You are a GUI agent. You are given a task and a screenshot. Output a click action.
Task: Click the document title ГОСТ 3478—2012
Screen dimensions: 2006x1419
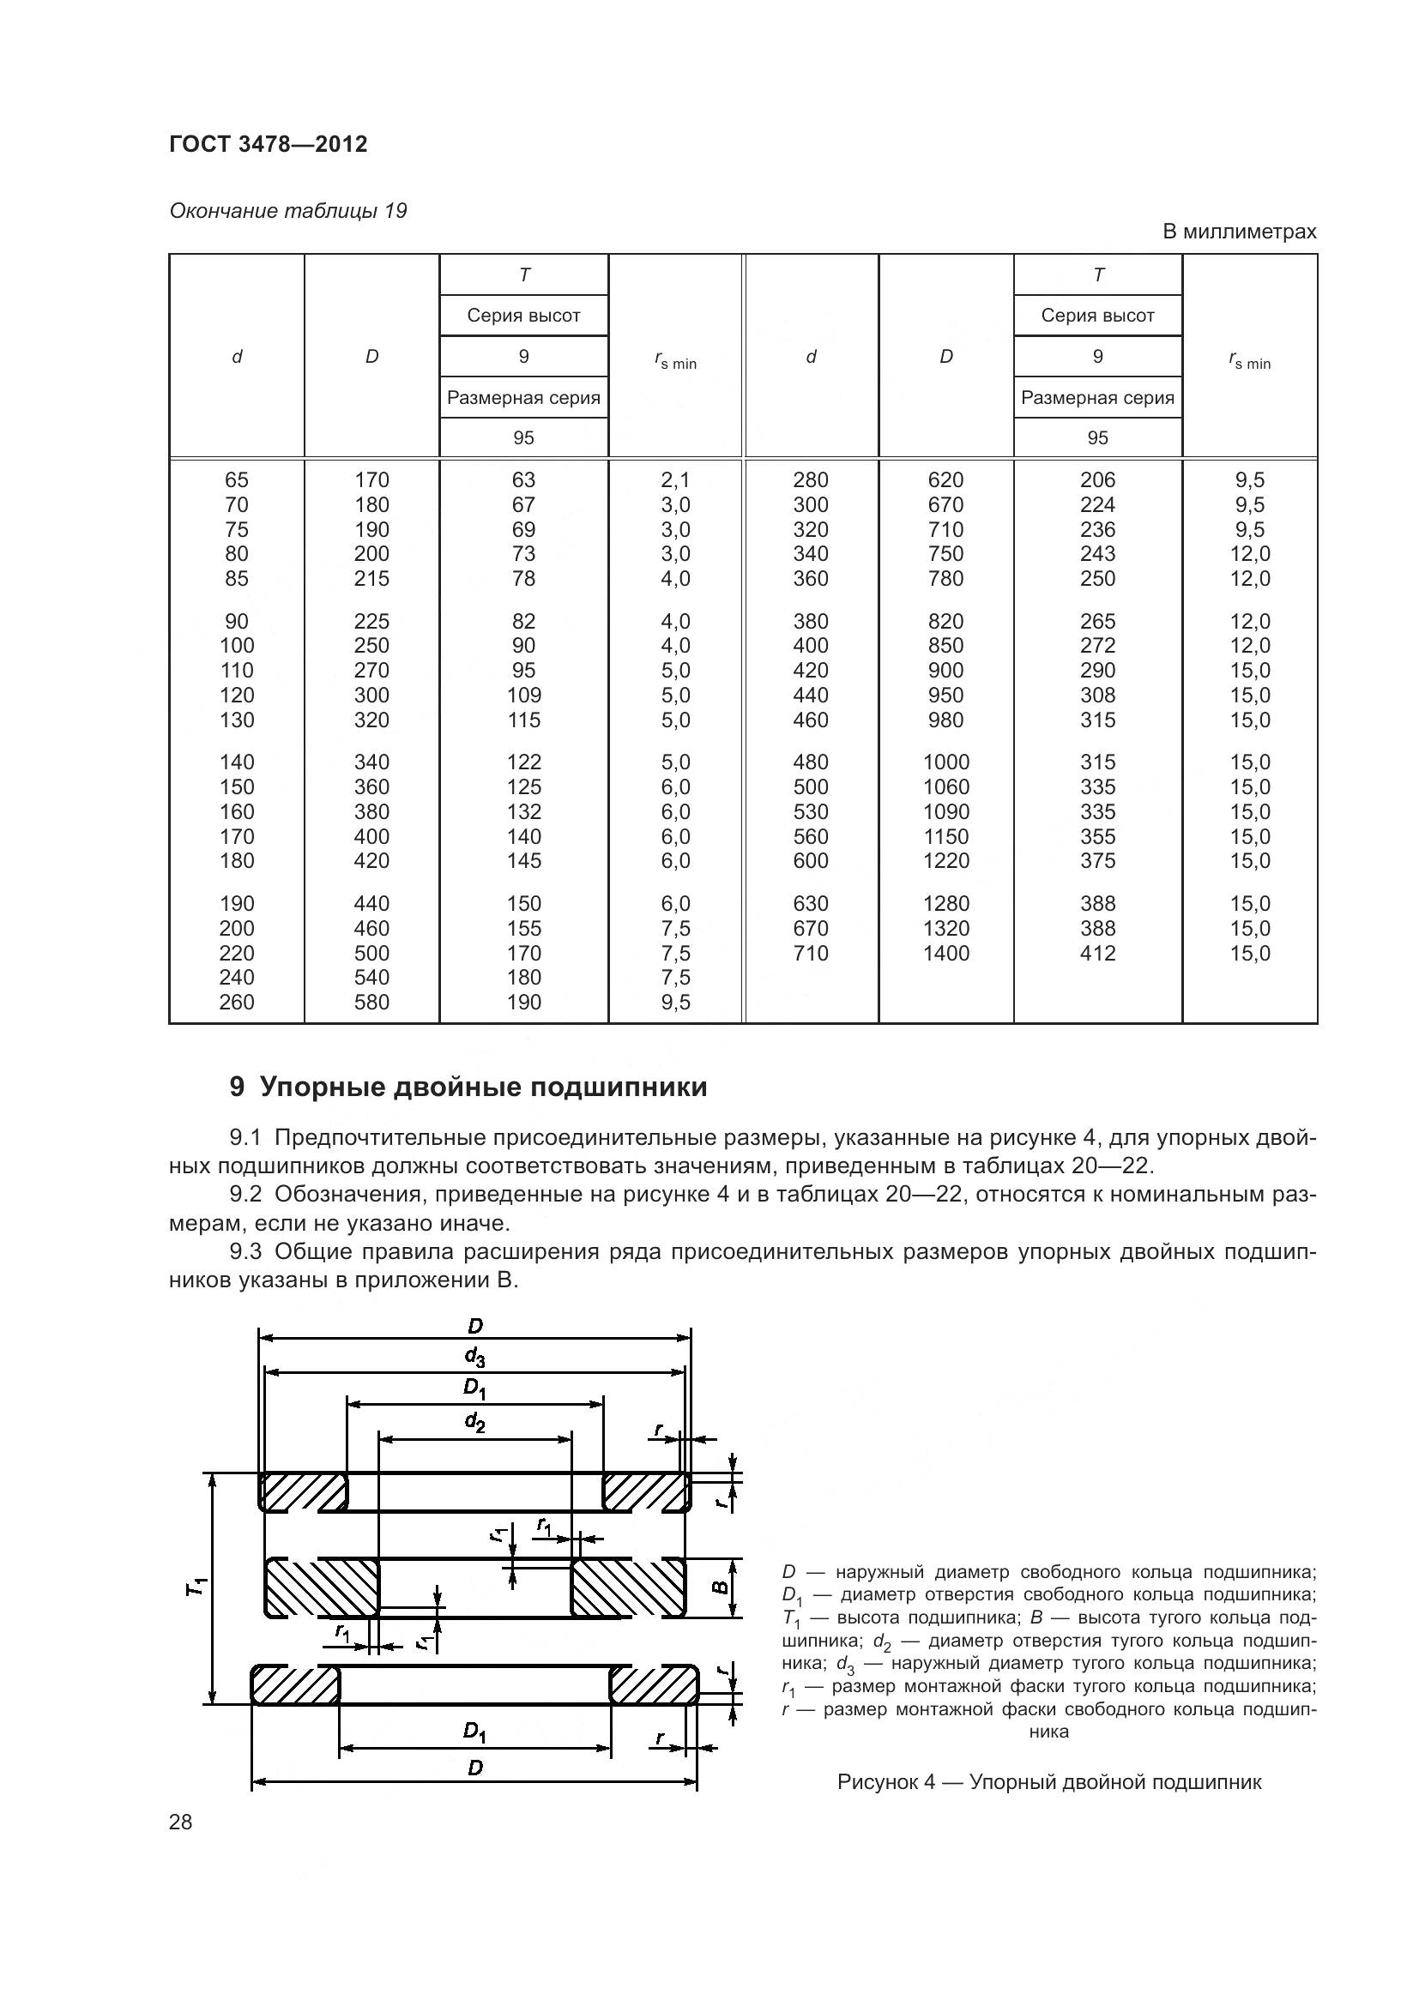[x=268, y=144]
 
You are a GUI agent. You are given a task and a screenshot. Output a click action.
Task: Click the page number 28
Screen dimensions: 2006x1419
[x=180, y=1822]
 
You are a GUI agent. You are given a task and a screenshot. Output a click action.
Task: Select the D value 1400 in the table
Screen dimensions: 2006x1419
[x=945, y=953]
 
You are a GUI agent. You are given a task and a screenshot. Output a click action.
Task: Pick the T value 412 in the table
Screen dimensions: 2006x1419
[x=1097, y=953]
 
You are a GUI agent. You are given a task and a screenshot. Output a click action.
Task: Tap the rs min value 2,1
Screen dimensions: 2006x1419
[x=674, y=479]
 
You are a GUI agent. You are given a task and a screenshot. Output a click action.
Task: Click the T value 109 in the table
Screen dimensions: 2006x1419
[x=523, y=696]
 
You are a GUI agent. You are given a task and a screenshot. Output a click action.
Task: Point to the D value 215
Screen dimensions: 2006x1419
[x=371, y=578]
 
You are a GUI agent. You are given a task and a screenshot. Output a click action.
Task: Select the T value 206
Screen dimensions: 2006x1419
[x=1097, y=479]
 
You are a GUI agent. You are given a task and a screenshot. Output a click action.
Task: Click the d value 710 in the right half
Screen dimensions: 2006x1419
[x=810, y=953]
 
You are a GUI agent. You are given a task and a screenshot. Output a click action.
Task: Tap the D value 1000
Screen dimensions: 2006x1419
[x=945, y=762]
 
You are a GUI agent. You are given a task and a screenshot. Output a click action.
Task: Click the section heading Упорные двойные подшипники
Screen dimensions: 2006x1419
[x=483, y=1087]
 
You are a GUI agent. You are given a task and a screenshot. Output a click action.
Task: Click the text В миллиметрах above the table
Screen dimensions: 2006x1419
[x=1238, y=232]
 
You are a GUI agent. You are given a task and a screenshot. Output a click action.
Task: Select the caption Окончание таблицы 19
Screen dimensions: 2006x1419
[x=287, y=211]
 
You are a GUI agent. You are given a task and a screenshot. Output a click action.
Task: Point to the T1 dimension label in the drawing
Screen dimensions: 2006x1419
[x=197, y=1587]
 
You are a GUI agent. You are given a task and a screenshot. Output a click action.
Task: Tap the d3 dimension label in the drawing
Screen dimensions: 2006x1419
[x=474, y=1357]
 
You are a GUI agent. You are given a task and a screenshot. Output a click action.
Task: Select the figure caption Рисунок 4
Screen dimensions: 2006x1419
[x=1048, y=1781]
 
